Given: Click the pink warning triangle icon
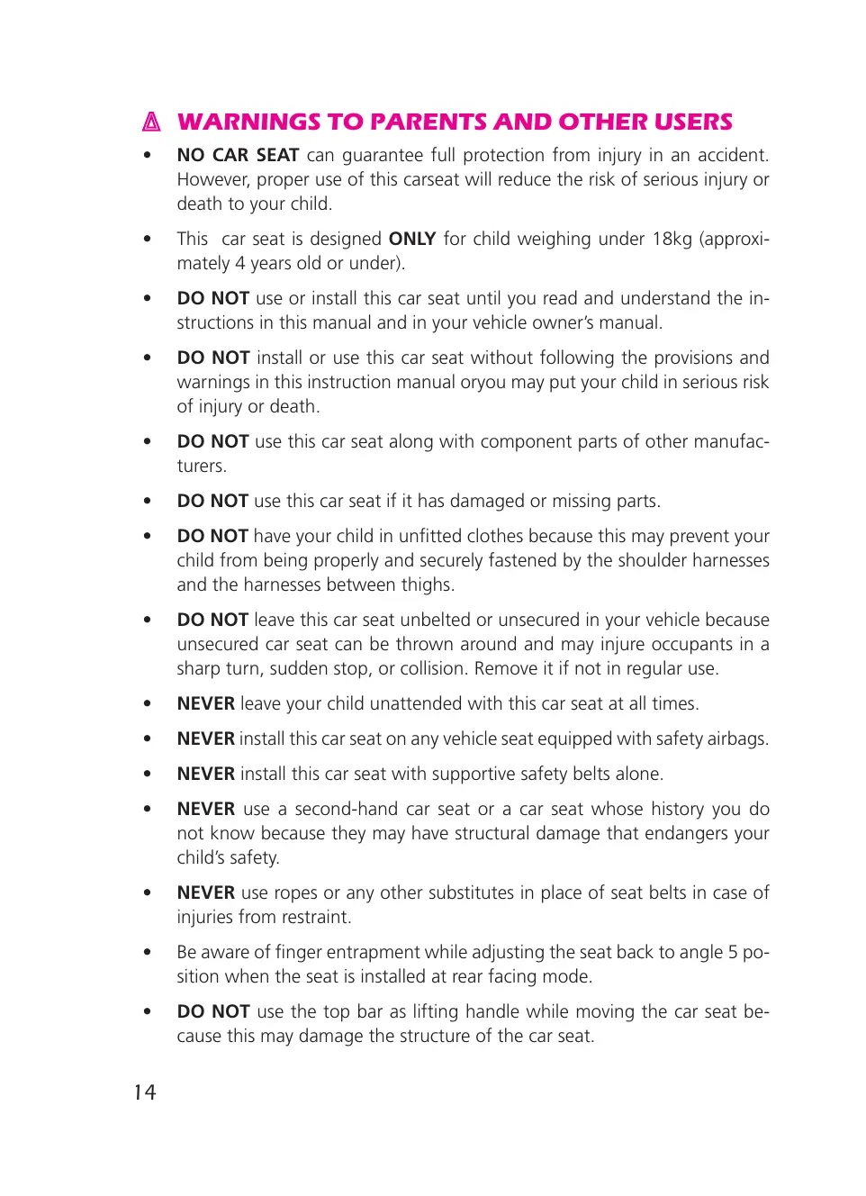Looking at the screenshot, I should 152,122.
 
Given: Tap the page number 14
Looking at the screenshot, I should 145,1092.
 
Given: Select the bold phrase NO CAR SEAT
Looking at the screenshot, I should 238,155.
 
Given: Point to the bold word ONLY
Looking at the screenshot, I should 411,239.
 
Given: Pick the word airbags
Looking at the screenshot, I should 737,738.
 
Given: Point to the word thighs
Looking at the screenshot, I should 427,584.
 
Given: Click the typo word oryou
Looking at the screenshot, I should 483,382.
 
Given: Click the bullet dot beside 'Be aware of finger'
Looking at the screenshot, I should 147,952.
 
